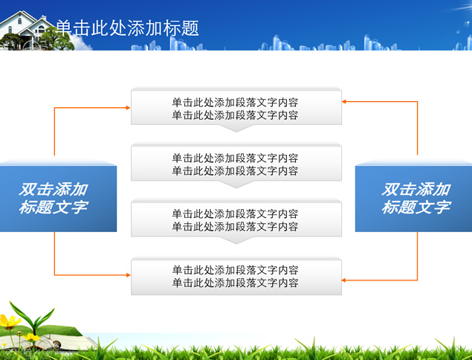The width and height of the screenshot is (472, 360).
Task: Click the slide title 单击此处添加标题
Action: (127, 28)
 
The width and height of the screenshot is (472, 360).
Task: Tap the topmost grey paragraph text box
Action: (236, 108)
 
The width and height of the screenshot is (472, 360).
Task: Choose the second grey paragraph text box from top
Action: (236, 164)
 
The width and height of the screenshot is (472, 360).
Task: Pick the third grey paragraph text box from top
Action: (236, 219)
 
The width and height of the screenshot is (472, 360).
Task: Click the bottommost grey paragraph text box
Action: (236, 277)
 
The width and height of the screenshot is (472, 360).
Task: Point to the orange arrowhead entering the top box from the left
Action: (128, 108)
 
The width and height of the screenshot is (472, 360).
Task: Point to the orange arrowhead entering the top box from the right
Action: (344, 101)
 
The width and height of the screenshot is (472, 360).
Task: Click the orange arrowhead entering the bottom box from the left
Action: (128, 274)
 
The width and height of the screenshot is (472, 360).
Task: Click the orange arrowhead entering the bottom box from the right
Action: (344, 280)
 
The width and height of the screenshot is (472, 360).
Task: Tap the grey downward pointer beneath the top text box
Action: (236, 128)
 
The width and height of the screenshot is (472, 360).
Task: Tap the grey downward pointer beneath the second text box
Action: (236, 184)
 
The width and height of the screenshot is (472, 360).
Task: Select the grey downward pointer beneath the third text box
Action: (236, 240)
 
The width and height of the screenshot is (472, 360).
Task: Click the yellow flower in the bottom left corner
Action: (9, 321)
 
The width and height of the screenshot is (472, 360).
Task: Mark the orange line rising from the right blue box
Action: (417, 128)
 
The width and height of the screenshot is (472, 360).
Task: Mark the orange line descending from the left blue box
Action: (54, 254)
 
